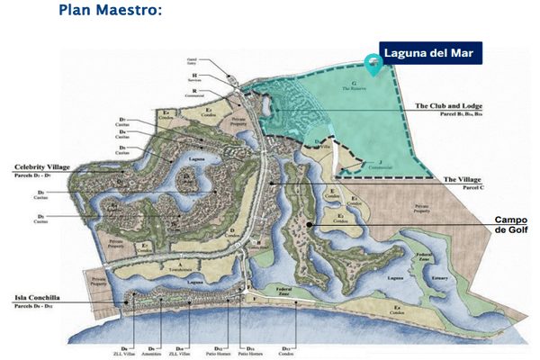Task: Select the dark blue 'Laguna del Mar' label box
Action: [430, 54]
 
